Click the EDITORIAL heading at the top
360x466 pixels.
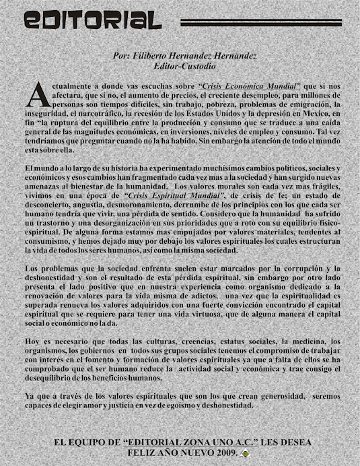(92, 19)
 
